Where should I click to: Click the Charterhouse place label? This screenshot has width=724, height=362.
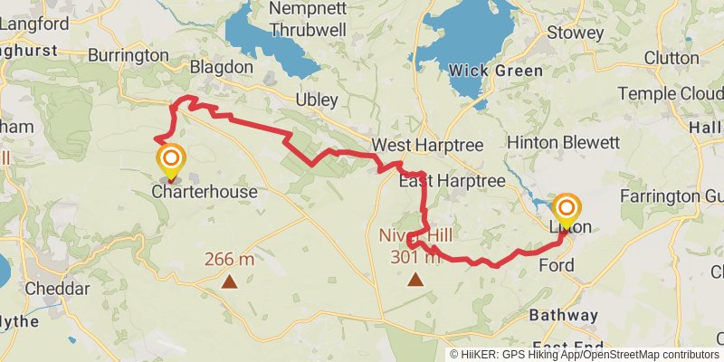[x=205, y=192]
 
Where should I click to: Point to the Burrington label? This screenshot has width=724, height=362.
[x=128, y=55]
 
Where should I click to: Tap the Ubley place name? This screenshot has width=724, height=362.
[x=317, y=100]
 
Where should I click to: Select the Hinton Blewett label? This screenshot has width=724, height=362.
[x=564, y=143]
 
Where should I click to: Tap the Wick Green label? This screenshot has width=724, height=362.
[x=496, y=71]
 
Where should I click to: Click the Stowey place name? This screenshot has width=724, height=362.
[x=576, y=33]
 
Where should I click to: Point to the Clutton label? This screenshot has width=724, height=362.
[x=672, y=58]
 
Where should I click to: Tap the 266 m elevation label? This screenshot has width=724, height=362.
[x=230, y=259]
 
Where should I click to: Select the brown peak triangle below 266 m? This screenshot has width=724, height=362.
[x=230, y=281]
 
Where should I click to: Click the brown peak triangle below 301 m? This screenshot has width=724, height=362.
[x=415, y=279]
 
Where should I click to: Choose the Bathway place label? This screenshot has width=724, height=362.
[x=564, y=315]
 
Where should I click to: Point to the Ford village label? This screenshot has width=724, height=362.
[x=556, y=265]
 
